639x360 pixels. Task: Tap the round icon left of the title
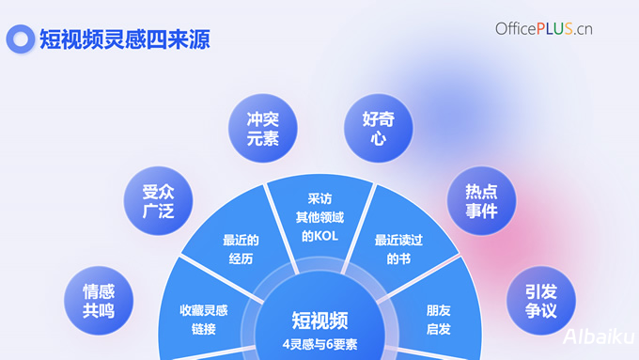click(x=20, y=39)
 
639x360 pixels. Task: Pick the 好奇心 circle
click(x=374, y=128)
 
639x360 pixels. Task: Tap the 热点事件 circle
click(x=481, y=200)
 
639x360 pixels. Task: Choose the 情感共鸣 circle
click(x=99, y=300)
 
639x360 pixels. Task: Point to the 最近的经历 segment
click(x=242, y=249)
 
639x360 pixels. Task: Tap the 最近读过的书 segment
click(x=398, y=249)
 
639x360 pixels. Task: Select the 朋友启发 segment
click(x=439, y=319)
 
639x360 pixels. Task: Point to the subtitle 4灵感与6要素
click(x=319, y=343)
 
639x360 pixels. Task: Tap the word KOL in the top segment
click(x=329, y=236)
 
